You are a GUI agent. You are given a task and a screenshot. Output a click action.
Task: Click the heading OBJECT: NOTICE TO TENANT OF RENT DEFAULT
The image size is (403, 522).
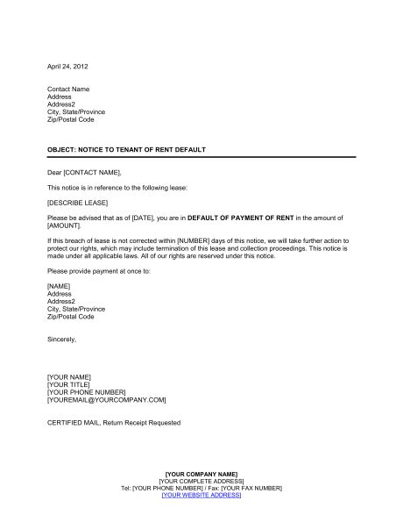(x=127, y=150)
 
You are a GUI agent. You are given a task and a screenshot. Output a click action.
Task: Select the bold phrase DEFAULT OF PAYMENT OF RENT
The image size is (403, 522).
(x=265, y=215)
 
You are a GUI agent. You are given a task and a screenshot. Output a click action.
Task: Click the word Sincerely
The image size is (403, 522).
(x=62, y=338)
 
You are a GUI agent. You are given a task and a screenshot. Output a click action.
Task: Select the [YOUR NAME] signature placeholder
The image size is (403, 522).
(x=71, y=375)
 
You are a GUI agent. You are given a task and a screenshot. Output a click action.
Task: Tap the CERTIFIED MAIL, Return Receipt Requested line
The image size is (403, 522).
(x=114, y=422)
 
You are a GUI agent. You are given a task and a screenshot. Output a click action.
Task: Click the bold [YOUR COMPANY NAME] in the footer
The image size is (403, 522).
(x=201, y=474)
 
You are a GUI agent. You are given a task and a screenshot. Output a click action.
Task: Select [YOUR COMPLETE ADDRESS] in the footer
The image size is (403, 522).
(x=201, y=482)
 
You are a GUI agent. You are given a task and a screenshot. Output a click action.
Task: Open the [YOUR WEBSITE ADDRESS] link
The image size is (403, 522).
(x=201, y=497)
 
